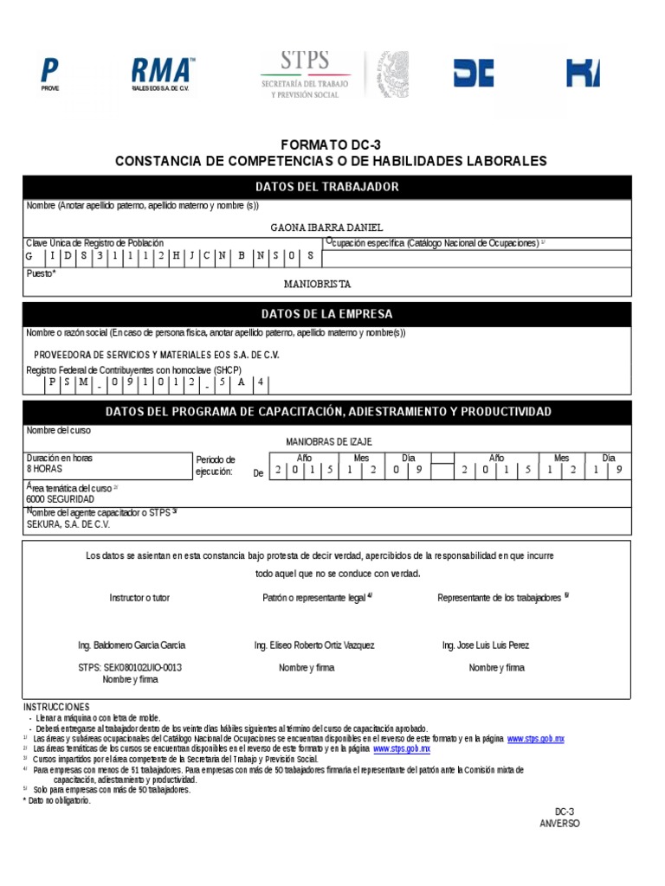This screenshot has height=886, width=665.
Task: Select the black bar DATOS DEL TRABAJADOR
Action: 327,187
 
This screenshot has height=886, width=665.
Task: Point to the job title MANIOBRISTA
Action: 318,284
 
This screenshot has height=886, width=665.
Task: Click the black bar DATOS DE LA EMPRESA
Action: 327,313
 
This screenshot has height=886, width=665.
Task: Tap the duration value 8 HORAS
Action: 45,468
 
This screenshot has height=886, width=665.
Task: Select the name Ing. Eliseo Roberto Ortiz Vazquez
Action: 314,645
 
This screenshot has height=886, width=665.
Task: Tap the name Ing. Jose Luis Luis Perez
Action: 486,645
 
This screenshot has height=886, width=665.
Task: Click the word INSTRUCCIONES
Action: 56,707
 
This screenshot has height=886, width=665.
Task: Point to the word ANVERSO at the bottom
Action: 559,823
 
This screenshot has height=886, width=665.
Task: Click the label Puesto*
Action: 42,273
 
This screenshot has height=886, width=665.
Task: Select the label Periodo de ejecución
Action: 216,465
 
